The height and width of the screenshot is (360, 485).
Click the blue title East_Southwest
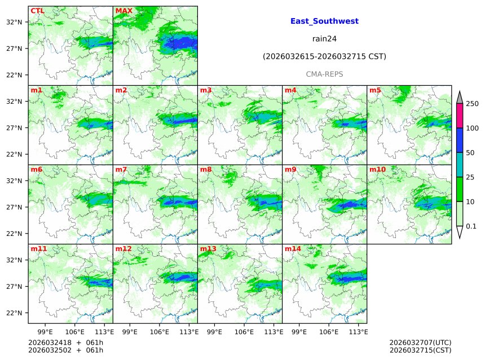click(x=324, y=21)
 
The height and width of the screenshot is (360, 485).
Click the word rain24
click(x=324, y=39)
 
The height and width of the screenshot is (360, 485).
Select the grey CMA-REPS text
click(x=324, y=74)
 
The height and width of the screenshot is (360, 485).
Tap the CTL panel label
click(x=37, y=11)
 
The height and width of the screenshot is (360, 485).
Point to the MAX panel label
click(x=124, y=11)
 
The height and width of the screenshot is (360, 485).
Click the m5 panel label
click(x=375, y=90)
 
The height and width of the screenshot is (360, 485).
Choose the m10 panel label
click(x=377, y=169)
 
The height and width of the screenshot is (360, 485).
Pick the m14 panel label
click(x=293, y=249)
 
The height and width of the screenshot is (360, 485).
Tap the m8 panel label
click(x=205, y=169)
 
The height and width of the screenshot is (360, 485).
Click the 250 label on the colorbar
click(x=472, y=104)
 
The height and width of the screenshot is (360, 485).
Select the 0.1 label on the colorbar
click(x=471, y=226)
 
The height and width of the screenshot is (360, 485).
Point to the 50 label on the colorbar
click(x=470, y=153)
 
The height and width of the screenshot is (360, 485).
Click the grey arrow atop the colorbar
click(x=459, y=98)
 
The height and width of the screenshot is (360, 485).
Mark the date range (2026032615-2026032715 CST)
click(x=324, y=56)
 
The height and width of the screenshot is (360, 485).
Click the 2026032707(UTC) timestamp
click(x=420, y=343)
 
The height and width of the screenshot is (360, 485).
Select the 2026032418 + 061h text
click(x=65, y=343)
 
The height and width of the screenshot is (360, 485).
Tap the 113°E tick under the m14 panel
click(x=359, y=331)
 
